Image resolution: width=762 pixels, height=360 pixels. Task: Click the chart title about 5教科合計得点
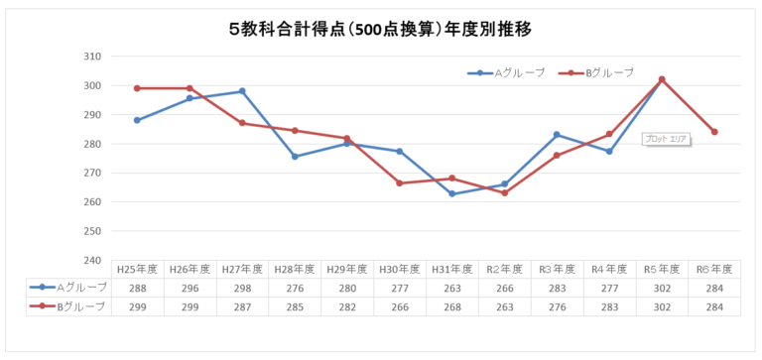coord(380,29)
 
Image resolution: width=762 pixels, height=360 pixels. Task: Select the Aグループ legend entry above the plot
coord(506,72)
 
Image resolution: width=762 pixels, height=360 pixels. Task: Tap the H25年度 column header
coord(137,269)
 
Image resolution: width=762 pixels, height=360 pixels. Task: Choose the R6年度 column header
coord(714,269)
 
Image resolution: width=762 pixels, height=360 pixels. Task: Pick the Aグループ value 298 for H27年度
coord(242,288)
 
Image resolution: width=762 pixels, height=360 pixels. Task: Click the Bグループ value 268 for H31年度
coord(451,306)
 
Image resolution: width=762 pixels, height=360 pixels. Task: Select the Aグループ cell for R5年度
coord(662,288)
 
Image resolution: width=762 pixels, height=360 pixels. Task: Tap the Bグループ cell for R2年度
coord(504,306)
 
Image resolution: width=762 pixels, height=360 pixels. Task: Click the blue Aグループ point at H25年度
coord(137,120)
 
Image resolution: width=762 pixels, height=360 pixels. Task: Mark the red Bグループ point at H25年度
coord(137,88)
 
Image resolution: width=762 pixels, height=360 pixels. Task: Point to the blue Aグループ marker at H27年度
coord(242,91)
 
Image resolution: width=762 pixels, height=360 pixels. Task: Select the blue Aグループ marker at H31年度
coord(451,193)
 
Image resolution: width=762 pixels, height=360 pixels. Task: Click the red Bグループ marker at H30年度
coord(399,183)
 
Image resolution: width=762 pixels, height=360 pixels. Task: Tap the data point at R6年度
coord(714,132)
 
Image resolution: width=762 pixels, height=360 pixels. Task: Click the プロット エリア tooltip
coord(665,139)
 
